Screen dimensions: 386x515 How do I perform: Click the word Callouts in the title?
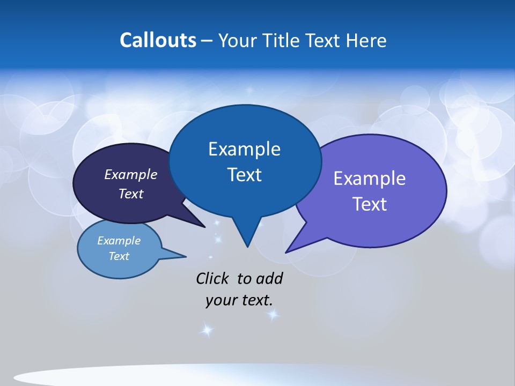click(158, 40)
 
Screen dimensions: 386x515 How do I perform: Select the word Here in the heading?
click(367, 41)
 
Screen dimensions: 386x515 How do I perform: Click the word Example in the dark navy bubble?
click(131, 175)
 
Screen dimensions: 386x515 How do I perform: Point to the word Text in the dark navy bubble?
click(131, 194)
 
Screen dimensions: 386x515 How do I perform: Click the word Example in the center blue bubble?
click(245, 149)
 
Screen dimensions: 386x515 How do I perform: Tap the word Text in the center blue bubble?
click(245, 175)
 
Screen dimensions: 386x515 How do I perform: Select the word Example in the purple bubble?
click(370, 179)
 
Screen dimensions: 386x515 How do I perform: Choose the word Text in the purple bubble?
click(370, 204)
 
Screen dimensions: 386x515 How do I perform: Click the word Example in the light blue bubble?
click(119, 241)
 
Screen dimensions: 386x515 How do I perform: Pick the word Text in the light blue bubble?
click(119, 256)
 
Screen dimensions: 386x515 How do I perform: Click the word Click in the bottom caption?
click(214, 279)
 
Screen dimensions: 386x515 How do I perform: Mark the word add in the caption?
click(269, 279)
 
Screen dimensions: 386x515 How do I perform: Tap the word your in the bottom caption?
click(220, 300)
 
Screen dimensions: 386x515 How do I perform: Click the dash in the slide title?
click(208, 41)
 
